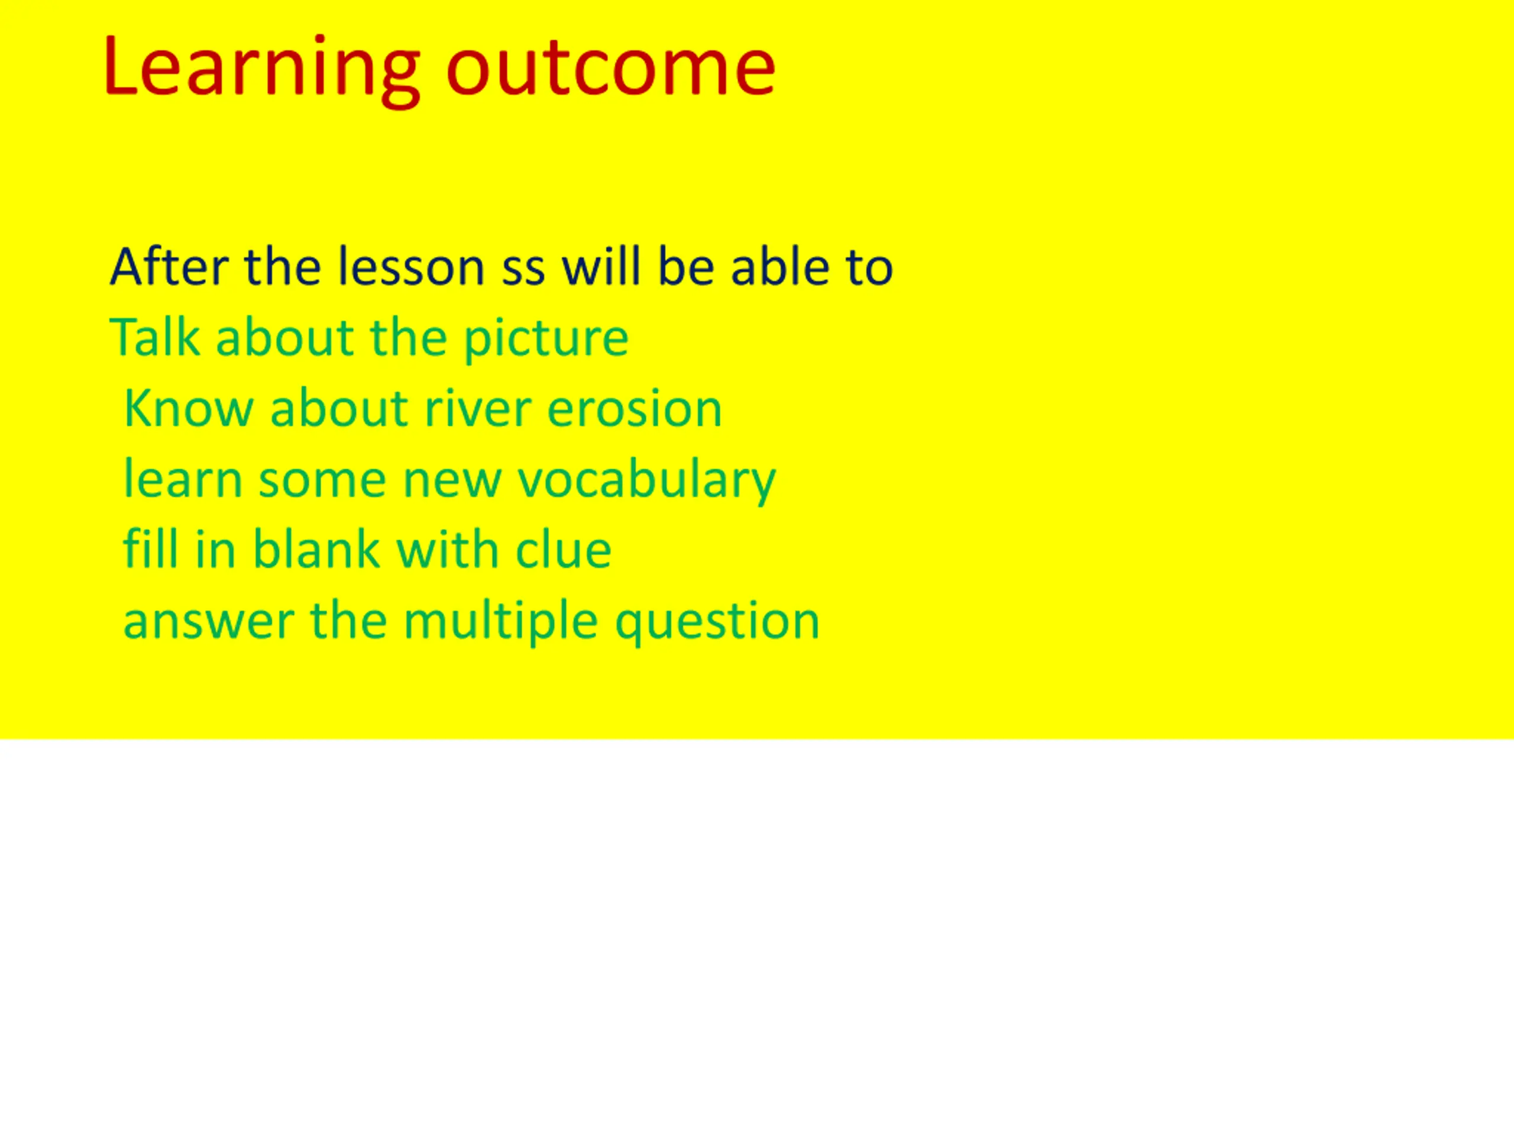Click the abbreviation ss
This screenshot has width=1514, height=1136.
[523, 270]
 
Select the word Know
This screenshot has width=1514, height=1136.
[189, 408]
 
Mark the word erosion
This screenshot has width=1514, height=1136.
[635, 408]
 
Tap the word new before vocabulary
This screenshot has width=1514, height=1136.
[452, 483]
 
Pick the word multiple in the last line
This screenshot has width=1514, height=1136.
[500, 622]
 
